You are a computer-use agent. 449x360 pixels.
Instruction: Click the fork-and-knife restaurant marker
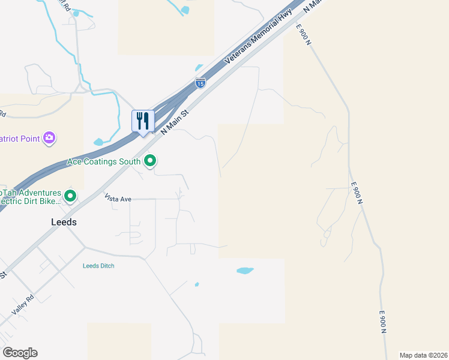143,121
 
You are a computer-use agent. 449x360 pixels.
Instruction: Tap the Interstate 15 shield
200,84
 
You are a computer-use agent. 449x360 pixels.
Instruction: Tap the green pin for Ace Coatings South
151,161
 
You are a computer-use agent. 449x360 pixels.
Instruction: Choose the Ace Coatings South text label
104,161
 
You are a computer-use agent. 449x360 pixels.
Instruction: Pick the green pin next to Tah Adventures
70,196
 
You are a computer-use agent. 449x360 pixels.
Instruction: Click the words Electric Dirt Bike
30,202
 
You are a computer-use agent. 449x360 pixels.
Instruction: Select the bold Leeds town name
63,221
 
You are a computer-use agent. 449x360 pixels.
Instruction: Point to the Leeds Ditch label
98,266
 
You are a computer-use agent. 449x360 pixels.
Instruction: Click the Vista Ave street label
118,197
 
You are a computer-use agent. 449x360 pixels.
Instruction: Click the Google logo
20,353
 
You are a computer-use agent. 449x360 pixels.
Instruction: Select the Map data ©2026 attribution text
423,355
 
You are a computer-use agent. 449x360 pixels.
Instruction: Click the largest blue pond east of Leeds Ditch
245,271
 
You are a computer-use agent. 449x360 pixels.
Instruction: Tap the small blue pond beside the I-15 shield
199,68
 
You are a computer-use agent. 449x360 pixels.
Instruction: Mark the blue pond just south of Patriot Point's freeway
98,142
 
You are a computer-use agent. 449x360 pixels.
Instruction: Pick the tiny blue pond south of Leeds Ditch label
197,284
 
